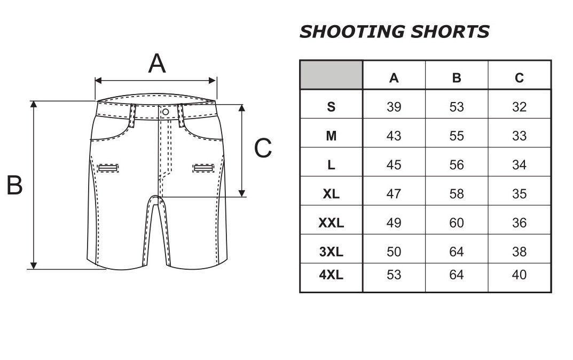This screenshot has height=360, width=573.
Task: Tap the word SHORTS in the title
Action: coord(450,32)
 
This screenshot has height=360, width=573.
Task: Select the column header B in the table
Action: coord(457,78)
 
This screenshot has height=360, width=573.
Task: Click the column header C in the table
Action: coord(519,78)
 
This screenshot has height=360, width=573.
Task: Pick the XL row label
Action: coord(331,194)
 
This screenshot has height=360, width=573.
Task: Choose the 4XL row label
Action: coord(331,275)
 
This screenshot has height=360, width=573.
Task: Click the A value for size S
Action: coord(394,107)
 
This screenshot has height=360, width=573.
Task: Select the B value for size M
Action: coord(457,136)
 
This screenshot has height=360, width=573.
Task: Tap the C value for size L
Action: coord(519,165)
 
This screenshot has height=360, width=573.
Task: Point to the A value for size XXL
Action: coord(394,223)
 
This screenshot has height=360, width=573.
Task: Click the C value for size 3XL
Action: coord(519,252)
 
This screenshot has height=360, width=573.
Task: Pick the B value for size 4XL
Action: coord(457,275)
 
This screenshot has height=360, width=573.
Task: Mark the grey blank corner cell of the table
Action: coord(331,75)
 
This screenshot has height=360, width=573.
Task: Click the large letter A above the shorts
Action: coord(157,63)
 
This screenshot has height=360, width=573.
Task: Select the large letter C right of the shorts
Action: coord(263,148)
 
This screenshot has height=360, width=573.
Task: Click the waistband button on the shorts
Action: coord(166,112)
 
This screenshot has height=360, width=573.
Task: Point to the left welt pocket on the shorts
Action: coord(108,168)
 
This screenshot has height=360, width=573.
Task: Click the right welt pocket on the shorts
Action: coord(203,168)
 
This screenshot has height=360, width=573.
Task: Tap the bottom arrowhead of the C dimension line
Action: coord(241,193)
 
